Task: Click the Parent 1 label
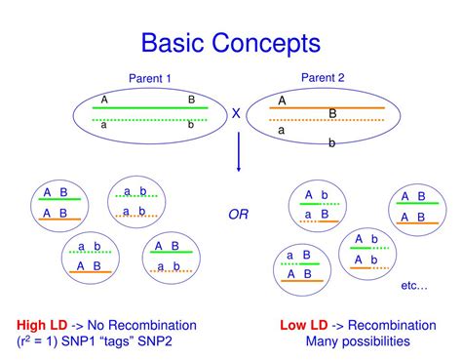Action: [149, 79]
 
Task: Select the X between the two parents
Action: [236, 114]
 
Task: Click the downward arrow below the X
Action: [238, 153]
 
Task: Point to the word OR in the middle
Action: [238, 214]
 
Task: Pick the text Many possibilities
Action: [357, 341]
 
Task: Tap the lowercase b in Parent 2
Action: [330, 143]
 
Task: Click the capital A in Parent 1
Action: [103, 100]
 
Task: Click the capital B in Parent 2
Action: [332, 113]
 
